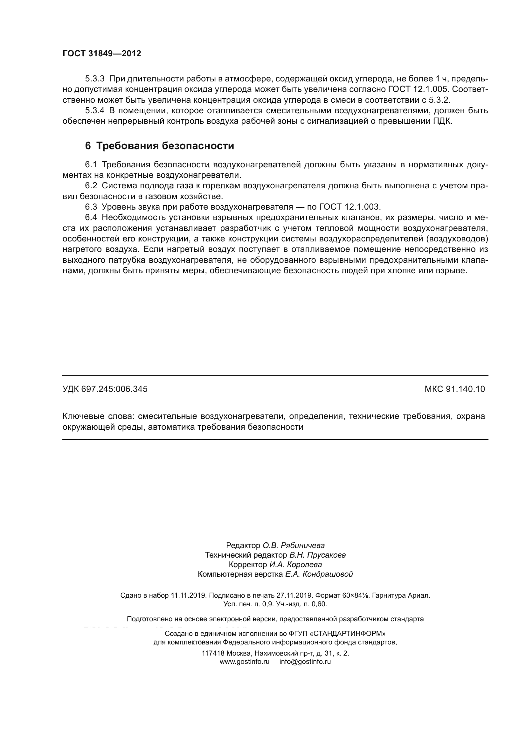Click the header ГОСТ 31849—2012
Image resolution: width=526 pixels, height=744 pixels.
point(102,53)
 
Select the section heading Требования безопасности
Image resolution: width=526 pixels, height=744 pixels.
point(165,146)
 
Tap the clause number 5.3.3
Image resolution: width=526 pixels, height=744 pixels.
point(94,79)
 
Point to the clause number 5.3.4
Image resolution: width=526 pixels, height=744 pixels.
point(94,110)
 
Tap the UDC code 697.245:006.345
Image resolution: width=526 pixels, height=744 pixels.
point(114,389)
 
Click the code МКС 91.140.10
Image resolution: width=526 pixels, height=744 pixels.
point(455,389)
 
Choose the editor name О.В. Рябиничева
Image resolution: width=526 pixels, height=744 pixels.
point(294,546)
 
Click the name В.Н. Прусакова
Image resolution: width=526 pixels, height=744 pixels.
point(317,555)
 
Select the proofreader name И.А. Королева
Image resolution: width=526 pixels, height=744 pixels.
point(295,565)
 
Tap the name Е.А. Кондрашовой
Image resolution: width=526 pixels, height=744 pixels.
point(319,574)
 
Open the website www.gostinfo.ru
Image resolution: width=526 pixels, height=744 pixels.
point(245,662)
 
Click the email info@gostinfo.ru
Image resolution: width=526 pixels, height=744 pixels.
point(305,662)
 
